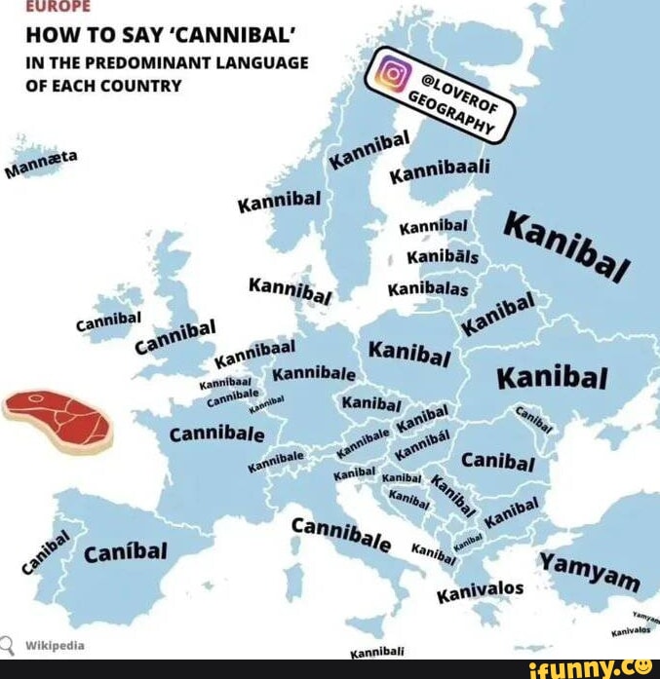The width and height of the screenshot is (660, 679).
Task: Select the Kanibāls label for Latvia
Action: point(442,257)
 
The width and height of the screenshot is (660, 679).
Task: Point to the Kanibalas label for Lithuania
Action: point(428,289)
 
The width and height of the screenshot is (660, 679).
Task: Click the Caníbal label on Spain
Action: point(126,552)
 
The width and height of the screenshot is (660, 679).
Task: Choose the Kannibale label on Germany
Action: point(313,375)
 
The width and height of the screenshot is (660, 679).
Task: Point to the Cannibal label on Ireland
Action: point(109,322)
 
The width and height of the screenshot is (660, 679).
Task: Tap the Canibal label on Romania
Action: point(496,460)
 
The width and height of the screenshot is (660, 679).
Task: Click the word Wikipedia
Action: point(54,645)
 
